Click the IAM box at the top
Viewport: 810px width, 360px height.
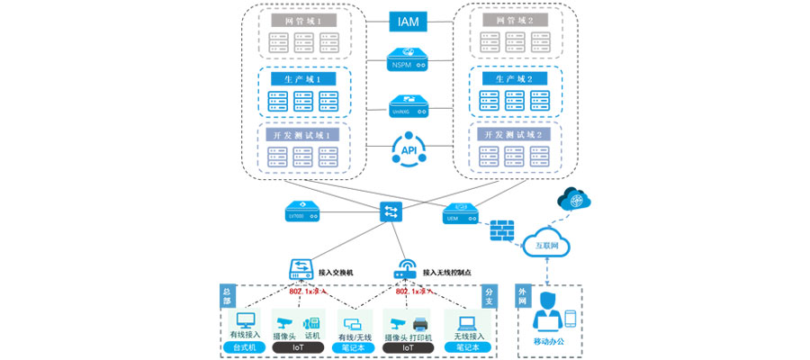pos(408,20)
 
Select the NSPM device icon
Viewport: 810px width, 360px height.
pos(408,60)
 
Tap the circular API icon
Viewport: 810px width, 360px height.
pos(408,149)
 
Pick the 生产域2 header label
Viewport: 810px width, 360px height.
pos(510,78)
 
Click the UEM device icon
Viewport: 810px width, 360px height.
pos(462,214)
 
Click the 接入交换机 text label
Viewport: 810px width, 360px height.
pos(336,270)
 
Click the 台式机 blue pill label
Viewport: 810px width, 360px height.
pos(245,347)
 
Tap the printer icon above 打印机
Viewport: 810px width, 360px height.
pos(419,323)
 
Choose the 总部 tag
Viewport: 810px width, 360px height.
pos(226,294)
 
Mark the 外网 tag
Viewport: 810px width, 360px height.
pos(522,294)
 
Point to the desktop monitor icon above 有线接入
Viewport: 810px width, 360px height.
pos(245,320)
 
